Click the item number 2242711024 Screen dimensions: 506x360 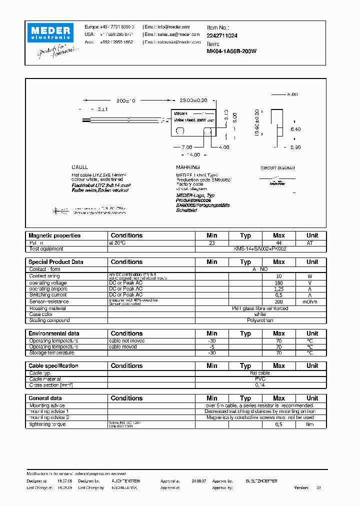click(x=222, y=36)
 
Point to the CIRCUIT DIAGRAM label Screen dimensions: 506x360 click(x=277, y=168)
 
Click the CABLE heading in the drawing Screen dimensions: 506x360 click(x=79, y=167)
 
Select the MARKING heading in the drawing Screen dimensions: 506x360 click(x=187, y=167)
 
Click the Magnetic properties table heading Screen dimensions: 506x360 click(x=54, y=235)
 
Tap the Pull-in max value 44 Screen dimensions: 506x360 click(x=278, y=242)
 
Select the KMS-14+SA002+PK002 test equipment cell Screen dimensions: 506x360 click(x=259, y=248)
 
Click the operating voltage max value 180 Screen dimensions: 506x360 click(x=278, y=282)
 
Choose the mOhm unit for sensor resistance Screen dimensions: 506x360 click(x=312, y=301)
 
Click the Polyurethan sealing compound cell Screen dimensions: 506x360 click(x=259, y=320)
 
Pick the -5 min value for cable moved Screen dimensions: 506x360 click(x=211, y=346)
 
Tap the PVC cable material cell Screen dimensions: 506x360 click(x=259, y=379)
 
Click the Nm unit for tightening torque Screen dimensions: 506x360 click(x=312, y=424)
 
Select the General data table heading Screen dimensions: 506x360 click(x=46, y=398)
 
